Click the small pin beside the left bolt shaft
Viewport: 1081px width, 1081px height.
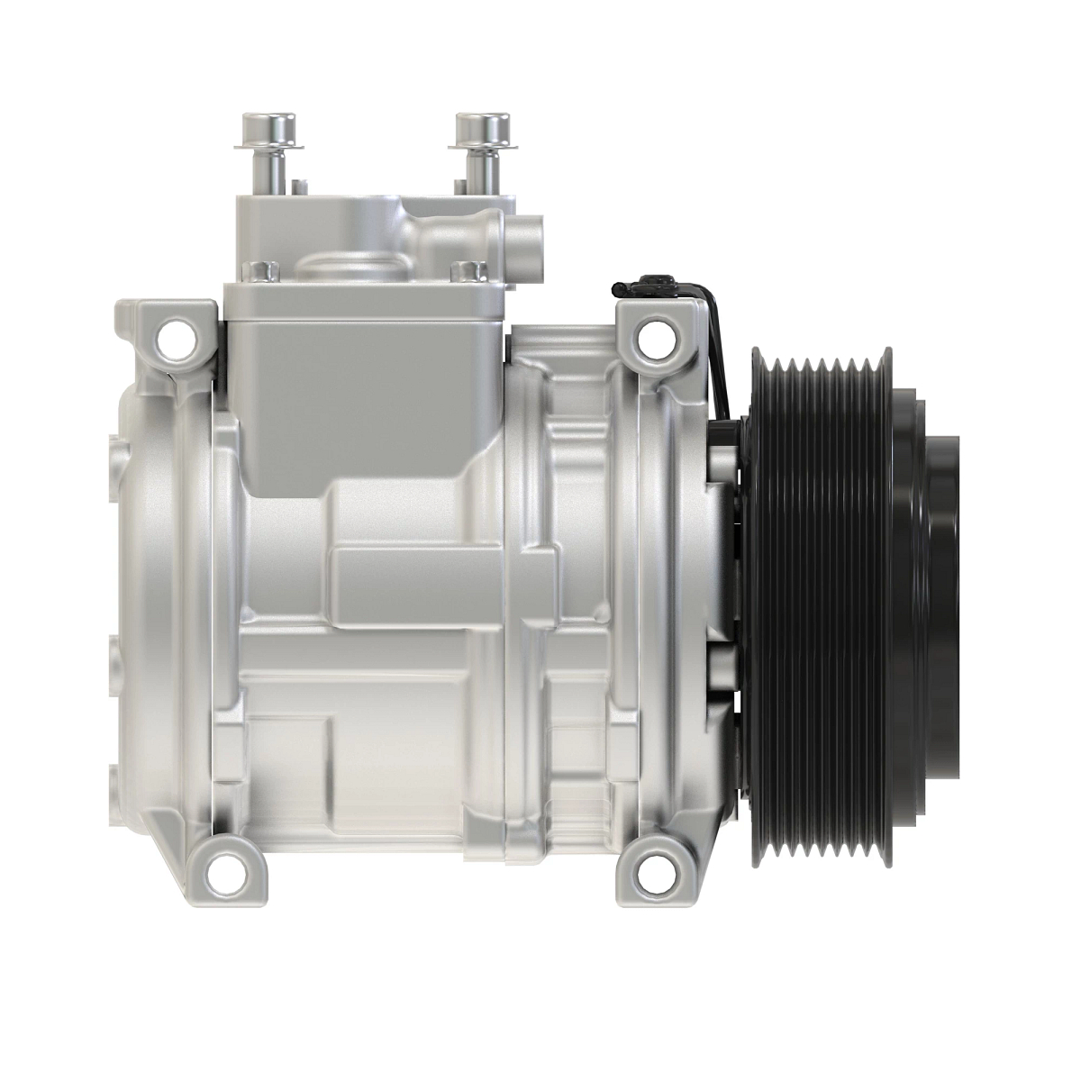click(x=295, y=187)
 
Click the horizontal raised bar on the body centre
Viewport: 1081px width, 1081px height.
click(x=441, y=577)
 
